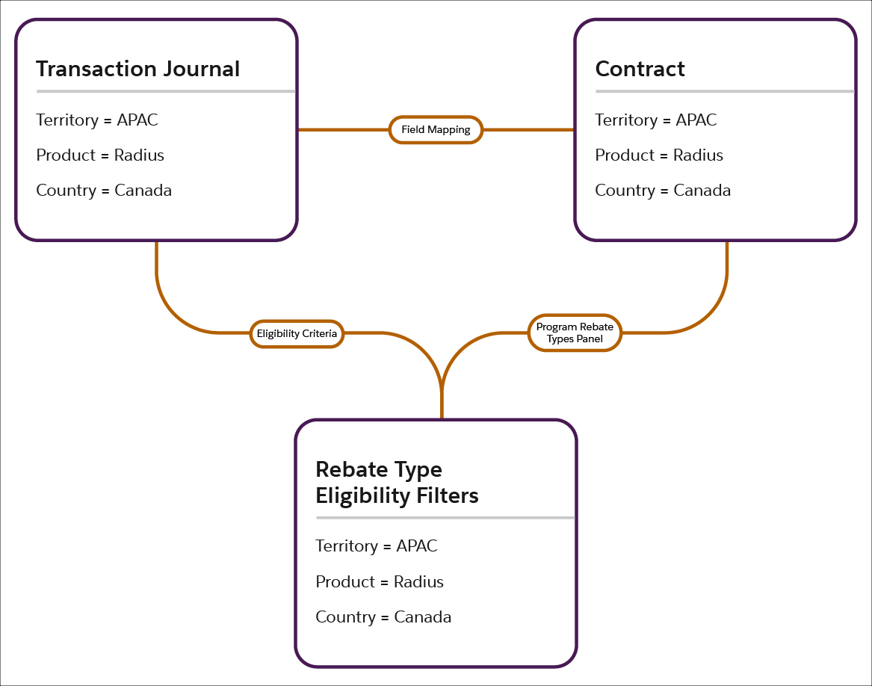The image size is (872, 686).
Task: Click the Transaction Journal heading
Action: [137, 69]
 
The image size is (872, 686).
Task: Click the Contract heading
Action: [640, 69]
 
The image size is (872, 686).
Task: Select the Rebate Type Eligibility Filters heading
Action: [397, 483]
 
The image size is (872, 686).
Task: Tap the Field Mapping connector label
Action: [436, 129]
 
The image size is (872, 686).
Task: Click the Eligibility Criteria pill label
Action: [297, 333]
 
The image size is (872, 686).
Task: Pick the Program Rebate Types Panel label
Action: [575, 333]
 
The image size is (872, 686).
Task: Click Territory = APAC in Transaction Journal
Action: [97, 120]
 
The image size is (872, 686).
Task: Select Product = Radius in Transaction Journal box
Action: [100, 155]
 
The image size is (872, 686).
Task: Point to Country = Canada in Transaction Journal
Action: [104, 190]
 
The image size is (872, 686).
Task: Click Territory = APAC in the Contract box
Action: [656, 120]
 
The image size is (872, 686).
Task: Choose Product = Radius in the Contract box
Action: [659, 155]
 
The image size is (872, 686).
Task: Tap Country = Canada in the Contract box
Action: [663, 190]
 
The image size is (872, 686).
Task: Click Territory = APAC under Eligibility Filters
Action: [377, 546]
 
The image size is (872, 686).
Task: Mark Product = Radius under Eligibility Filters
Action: [380, 581]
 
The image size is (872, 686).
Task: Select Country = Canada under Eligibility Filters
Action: [383, 617]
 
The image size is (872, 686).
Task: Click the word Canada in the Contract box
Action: [702, 190]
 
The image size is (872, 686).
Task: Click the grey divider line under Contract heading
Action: [724, 91]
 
